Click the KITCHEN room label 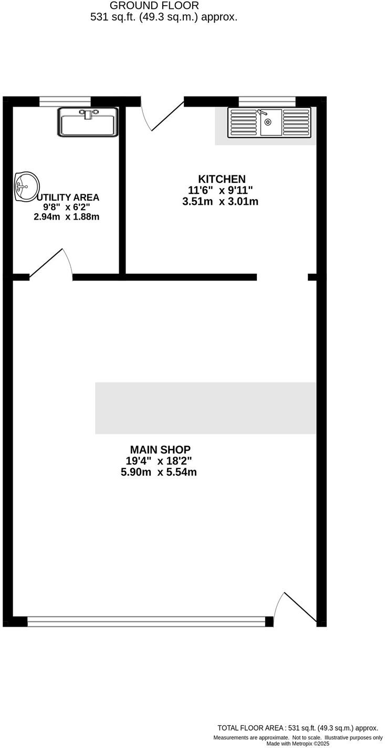(x=221, y=179)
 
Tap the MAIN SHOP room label (x=160, y=450)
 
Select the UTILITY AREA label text (x=68, y=198)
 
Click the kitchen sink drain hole (x=268, y=122)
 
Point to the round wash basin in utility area (x=26, y=186)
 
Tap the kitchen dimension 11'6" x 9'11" (x=221, y=190)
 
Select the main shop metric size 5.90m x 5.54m (x=159, y=472)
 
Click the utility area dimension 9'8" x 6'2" (x=66, y=207)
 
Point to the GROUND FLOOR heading (x=154, y=6)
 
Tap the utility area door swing (x=51, y=263)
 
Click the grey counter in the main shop (x=205, y=408)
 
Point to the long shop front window (x=146, y=622)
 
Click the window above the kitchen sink (x=267, y=101)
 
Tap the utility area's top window (x=65, y=101)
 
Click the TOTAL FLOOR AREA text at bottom (x=297, y=728)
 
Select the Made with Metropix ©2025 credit (x=298, y=743)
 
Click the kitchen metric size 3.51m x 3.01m (x=220, y=201)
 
